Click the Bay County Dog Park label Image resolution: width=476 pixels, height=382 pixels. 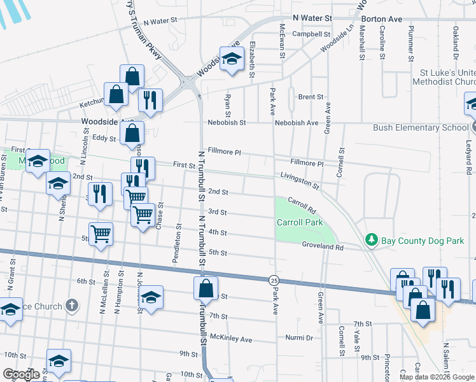pos(423,241)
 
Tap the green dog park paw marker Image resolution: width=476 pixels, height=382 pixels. pos(372,240)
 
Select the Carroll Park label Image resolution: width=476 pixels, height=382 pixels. pos(299,222)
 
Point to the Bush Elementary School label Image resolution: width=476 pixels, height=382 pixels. pos(419,127)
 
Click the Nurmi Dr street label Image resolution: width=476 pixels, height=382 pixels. pos(299,337)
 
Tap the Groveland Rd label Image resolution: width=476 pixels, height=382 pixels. pos(323,246)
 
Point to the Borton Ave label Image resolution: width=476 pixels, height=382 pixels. pos(382,19)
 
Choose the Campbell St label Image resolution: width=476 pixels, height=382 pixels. pos(312,34)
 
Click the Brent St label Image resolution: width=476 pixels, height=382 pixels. pos(311,97)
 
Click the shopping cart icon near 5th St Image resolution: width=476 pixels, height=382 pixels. pos(101,235)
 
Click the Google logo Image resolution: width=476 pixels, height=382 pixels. pos(22,374)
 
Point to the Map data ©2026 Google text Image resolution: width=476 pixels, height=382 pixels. pos(436,377)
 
